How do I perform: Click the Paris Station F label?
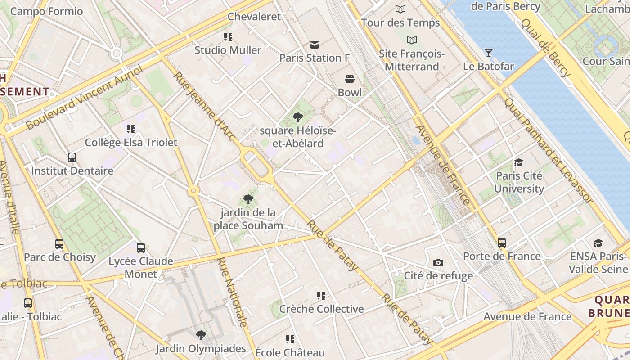pyautogui.click(x=315, y=58)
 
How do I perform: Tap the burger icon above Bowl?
pyautogui.click(x=350, y=80)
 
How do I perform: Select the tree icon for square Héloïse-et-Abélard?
pyautogui.click(x=297, y=118)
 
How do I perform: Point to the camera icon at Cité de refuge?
pyautogui.click(x=438, y=262)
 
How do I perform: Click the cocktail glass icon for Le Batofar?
pyautogui.click(x=489, y=53)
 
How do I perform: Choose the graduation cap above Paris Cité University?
pyautogui.click(x=519, y=162)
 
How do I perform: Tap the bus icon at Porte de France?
pyautogui.click(x=502, y=243)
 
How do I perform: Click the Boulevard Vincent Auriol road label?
pyautogui.click(x=84, y=97)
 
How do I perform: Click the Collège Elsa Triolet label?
pyautogui.click(x=131, y=143)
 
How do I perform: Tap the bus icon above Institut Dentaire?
pyautogui.click(x=72, y=157)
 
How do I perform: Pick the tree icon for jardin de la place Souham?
pyautogui.click(x=248, y=199)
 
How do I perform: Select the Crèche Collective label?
pyautogui.click(x=321, y=309)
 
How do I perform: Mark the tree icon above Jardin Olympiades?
pyautogui.click(x=201, y=335)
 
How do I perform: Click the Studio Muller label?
pyautogui.click(x=228, y=50)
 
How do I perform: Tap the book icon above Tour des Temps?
pyautogui.click(x=400, y=9)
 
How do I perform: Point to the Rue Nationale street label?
pyautogui.click(x=232, y=292)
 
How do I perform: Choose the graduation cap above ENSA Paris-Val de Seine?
pyautogui.click(x=598, y=243)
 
